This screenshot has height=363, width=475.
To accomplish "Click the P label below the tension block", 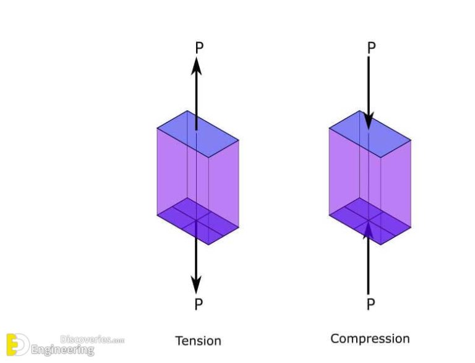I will coord(198,304).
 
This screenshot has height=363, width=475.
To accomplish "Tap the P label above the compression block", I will coord(370,48).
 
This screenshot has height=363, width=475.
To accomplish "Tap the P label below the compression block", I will coord(370,304).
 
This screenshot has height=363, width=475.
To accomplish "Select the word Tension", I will coord(198,341).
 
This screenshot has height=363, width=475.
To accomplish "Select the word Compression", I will coord(370,338).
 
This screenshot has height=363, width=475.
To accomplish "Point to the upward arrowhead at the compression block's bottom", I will coord(369,229).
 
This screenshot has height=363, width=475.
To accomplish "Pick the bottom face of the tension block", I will coord(197,221).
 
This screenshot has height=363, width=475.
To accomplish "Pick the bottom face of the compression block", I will coord(369,221).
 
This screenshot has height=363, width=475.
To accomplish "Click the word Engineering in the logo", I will coord(62,351).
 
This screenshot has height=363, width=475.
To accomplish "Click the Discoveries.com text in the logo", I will coord(92,340).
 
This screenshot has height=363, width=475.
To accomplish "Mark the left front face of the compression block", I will coord(348,173).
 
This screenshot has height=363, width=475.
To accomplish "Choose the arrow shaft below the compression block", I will coord(369,266).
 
